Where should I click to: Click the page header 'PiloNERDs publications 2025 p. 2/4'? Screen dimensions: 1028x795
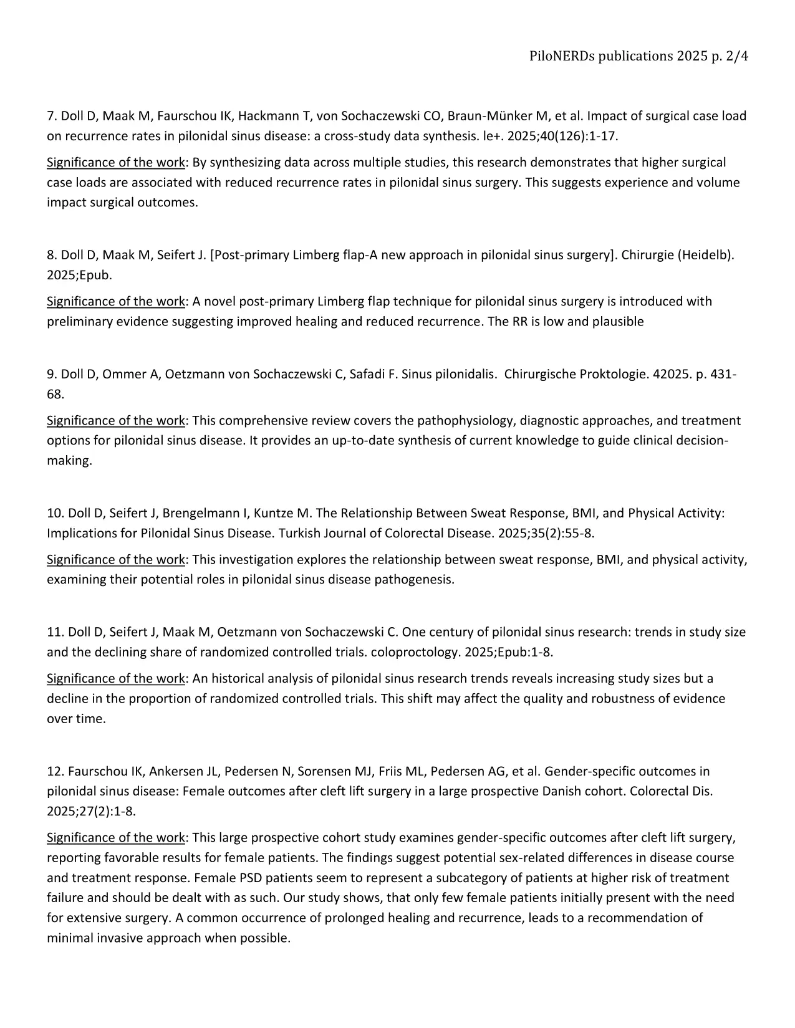coord(638,56)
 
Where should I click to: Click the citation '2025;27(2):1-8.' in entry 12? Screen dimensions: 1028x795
coord(91,811)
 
